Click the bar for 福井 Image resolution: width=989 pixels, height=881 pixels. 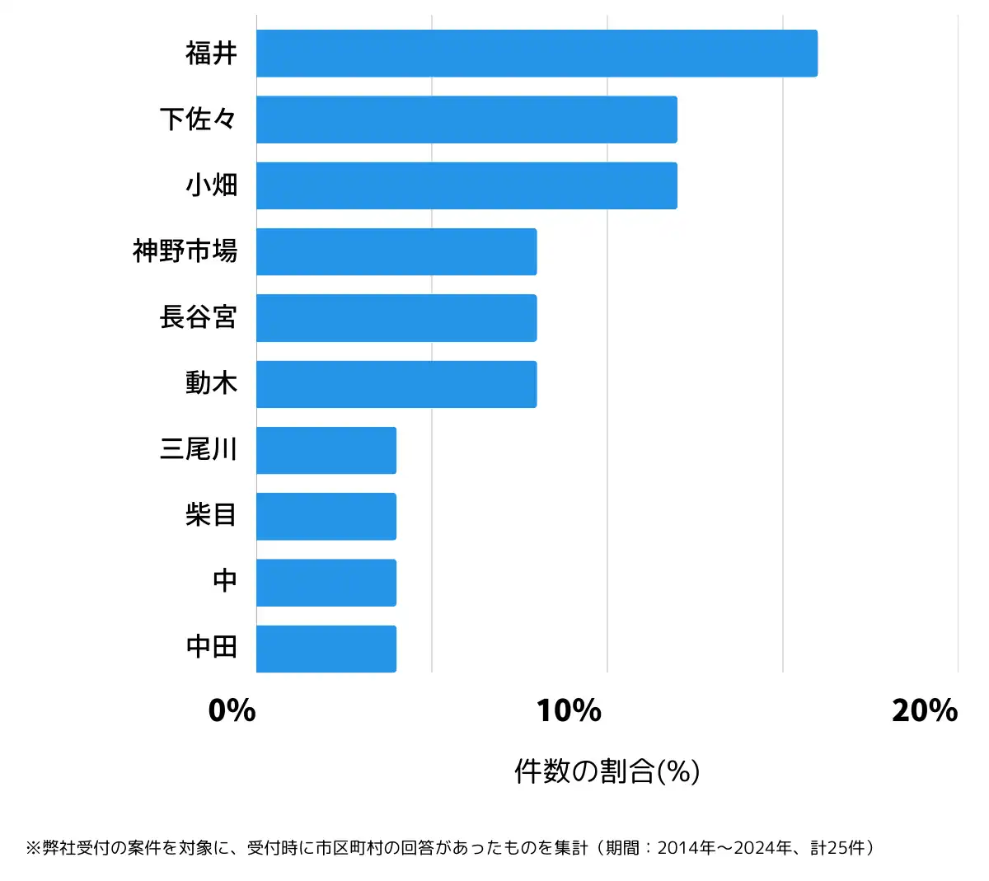coord(537,54)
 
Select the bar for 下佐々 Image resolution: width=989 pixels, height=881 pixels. coord(466,119)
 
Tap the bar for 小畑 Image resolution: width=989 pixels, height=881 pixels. coord(466,185)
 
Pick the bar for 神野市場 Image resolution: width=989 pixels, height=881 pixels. coord(396,251)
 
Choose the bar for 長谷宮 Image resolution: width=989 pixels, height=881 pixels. coord(396,318)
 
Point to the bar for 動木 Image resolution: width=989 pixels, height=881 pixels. coord(396,384)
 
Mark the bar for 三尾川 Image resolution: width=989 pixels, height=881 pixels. coord(326,450)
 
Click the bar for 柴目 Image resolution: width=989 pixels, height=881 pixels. coord(326,517)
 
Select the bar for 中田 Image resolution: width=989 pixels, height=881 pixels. coord(326,649)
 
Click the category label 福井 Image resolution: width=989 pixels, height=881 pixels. coord(211,54)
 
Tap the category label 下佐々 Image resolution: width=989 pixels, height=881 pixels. coord(199,119)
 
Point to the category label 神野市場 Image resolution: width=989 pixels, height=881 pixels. coord(185,251)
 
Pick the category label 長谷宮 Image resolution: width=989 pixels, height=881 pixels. coord(199,318)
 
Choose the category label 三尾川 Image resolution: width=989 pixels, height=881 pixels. coord(199,450)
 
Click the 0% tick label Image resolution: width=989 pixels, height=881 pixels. coord(232,710)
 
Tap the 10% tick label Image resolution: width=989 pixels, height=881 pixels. coord(569,710)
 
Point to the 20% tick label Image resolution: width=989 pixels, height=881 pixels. coord(925,710)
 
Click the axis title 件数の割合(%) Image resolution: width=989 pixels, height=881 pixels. coord(607,771)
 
